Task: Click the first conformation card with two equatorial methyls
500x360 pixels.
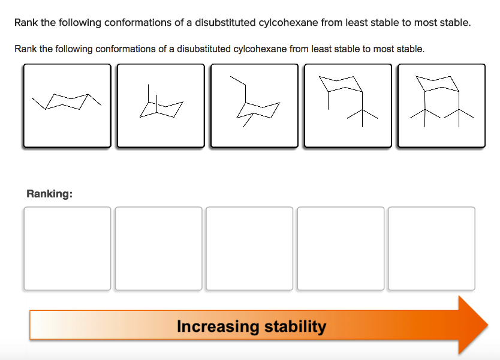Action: (67, 106)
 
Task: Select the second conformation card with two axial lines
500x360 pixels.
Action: (160, 106)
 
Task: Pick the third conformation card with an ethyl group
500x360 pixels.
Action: (254, 106)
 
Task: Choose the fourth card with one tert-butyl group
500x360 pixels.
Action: (348, 106)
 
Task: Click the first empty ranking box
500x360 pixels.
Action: (67, 248)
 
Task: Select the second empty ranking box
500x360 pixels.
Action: (158, 248)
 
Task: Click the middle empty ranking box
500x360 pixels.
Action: (249, 248)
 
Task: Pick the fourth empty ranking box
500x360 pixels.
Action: (341, 248)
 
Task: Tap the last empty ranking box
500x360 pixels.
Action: (432, 248)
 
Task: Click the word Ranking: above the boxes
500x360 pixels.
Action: (50, 194)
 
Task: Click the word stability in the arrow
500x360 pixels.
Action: (294, 326)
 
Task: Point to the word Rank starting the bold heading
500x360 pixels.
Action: (26, 23)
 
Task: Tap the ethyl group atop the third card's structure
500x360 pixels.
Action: (239, 82)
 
